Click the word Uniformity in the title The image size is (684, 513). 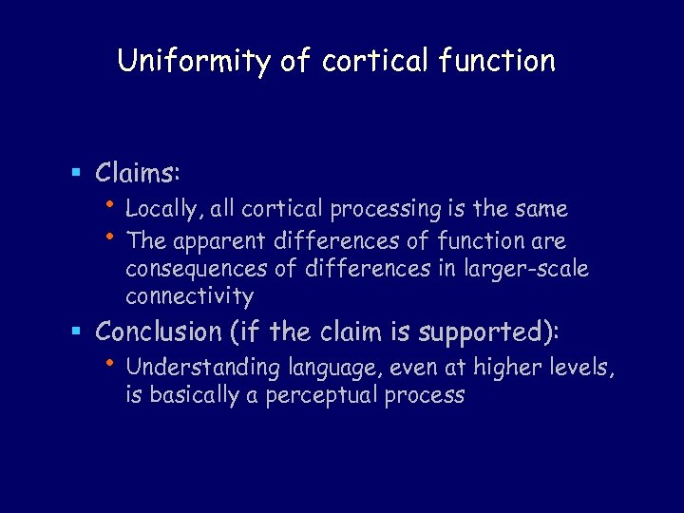click(x=194, y=61)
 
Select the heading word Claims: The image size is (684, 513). click(x=139, y=172)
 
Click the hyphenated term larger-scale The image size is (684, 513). click(x=527, y=268)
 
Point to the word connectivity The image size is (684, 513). click(x=190, y=297)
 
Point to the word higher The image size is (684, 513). click(x=511, y=367)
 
